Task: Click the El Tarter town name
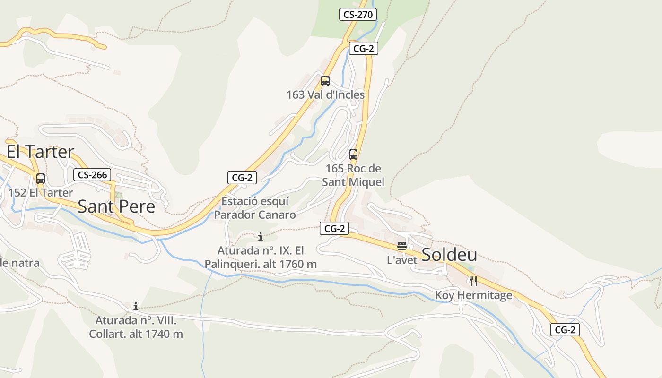click(40, 152)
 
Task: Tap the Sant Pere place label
click(116, 206)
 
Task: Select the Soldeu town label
click(449, 255)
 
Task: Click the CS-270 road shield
click(358, 14)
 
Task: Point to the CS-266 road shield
click(92, 175)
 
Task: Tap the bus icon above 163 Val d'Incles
click(325, 81)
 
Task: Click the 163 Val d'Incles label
click(325, 94)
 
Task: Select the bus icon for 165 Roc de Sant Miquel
click(353, 154)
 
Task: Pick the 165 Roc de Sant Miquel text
click(353, 175)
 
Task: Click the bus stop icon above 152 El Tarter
click(41, 179)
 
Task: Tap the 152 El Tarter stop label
click(41, 193)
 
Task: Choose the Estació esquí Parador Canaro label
click(255, 208)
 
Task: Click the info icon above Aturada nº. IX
click(260, 237)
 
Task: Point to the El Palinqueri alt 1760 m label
click(261, 257)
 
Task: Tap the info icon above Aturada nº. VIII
click(136, 306)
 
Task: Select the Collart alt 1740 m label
click(136, 327)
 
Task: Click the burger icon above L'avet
click(402, 246)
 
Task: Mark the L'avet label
click(402, 260)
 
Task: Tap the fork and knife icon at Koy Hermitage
click(473, 282)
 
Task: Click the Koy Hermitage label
click(473, 296)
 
